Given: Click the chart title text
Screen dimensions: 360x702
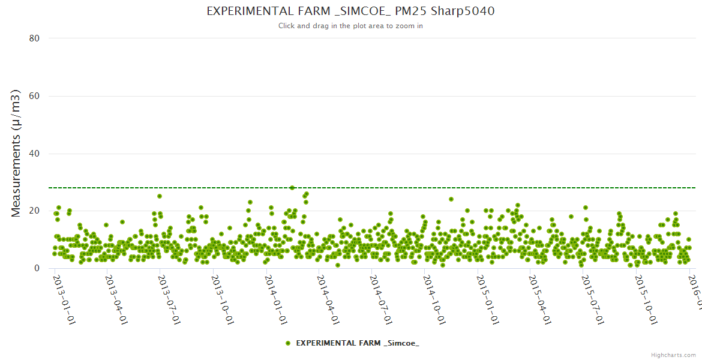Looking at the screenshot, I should pyautogui.click(x=350, y=11).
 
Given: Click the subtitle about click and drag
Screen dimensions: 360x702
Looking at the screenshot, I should pyautogui.click(x=350, y=26).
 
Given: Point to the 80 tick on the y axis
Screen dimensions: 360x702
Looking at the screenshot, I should pyautogui.click(x=34, y=38).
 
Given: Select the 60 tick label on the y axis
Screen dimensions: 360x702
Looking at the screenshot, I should pyautogui.click(x=34, y=96).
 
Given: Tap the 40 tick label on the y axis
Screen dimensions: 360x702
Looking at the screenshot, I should pyautogui.click(x=34, y=154).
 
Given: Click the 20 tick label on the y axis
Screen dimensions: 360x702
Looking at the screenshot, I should pyautogui.click(x=34, y=211).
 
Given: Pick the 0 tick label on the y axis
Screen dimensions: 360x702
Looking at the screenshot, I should pyautogui.click(x=37, y=268).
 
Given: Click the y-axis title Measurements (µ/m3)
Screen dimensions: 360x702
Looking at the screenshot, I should pyautogui.click(x=16, y=153).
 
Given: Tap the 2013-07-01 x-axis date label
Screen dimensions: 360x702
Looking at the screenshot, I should pyautogui.click(x=169, y=300).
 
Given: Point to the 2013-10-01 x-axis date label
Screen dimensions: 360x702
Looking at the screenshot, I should pyautogui.click(x=222, y=300).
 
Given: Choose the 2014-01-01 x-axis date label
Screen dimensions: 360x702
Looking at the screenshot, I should pyautogui.click(x=275, y=300).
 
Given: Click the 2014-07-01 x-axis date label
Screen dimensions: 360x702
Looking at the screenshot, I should pyautogui.click(x=381, y=300).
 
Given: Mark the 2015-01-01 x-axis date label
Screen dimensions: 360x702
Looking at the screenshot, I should pyautogui.click(x=487, y=300).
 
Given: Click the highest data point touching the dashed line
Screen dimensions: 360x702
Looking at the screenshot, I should pyautogui.click(x=292, y=188).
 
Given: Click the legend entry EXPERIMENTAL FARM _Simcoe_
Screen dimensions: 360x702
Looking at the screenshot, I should pyautogui.click(x=358, y=343).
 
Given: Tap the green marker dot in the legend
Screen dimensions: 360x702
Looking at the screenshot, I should pyautogui.click(x=288, y=343).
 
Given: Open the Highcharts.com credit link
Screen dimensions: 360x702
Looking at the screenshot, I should pyautogui.click(x=673, y=355).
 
